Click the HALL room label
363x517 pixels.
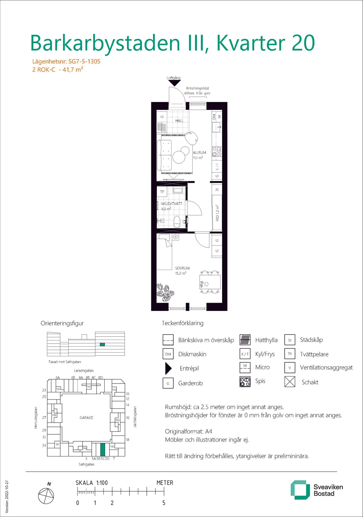click(179, 120)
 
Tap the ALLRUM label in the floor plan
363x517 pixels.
click(199, 153)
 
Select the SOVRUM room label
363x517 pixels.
click(182, 268)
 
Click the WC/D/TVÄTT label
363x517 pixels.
click(172, 204)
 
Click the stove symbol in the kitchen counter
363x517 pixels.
click(217, 152)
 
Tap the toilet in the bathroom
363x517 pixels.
click(177, 222)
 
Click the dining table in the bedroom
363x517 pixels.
click(210, 282)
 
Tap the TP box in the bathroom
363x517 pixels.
click(162, 192)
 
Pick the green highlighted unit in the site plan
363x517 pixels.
click(103, 449)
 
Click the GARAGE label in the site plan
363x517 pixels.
click(86, 417)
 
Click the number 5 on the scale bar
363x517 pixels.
click(164, 503)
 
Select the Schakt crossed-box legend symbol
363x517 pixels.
click(290, 382)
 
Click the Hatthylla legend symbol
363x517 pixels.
click(245, 340)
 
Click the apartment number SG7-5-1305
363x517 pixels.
click(84, 61)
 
